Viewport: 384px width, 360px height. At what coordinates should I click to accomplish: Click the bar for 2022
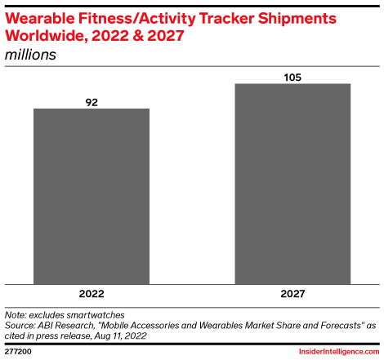click(92, 195)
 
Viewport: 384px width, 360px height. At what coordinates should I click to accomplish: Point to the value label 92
click(92, 102)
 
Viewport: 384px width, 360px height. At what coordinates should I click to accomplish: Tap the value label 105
click(292, 78)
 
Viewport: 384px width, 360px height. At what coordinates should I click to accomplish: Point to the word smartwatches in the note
click(87, 314)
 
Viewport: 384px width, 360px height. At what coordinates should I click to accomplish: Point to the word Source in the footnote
click(20, 324)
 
